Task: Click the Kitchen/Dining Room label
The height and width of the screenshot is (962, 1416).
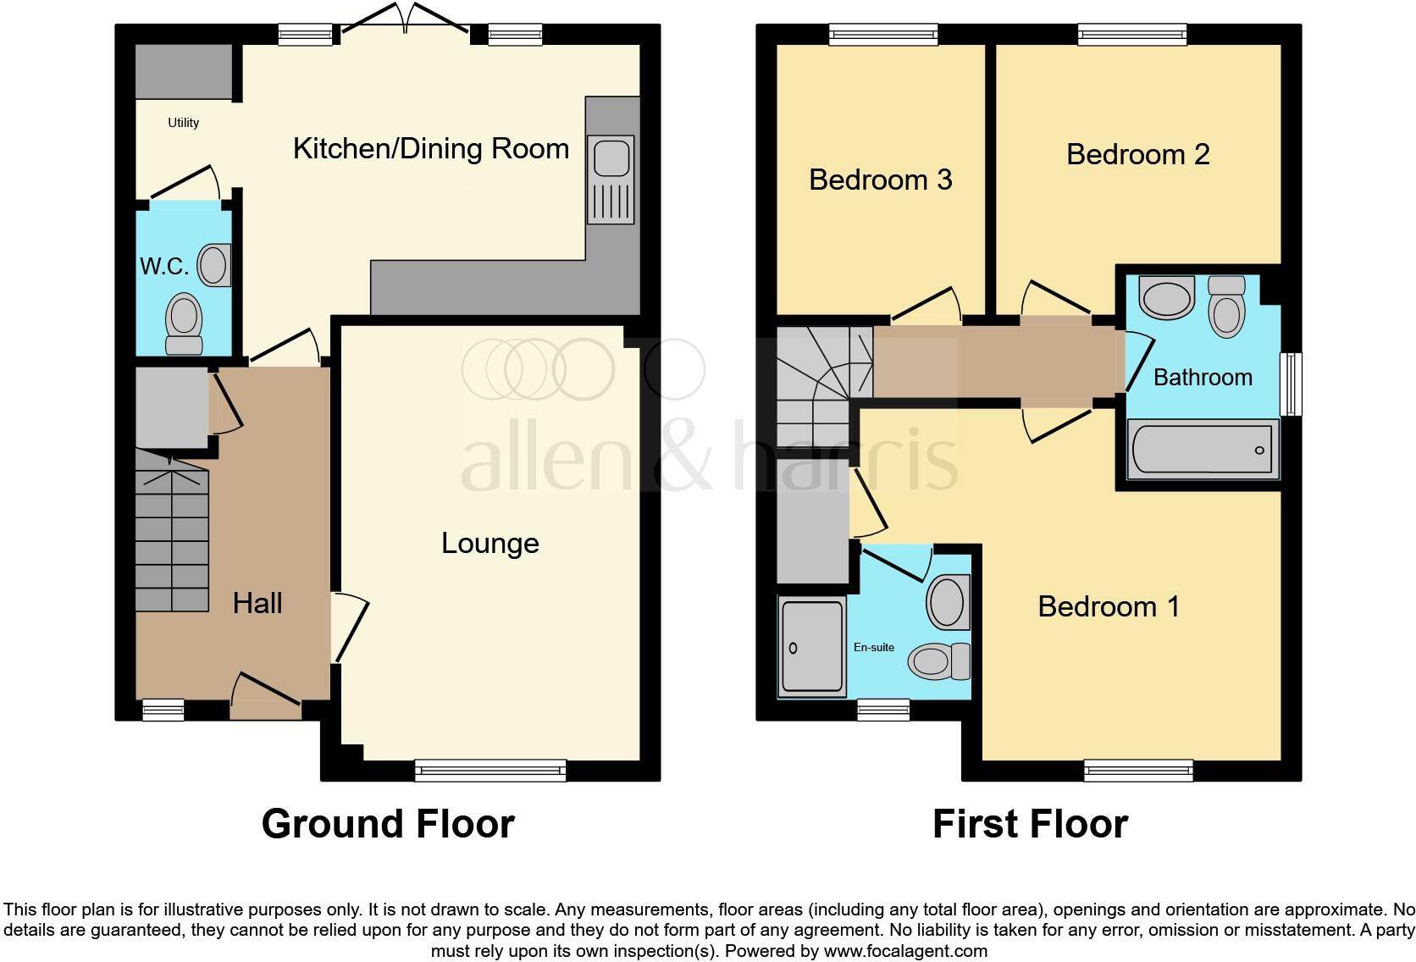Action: tap(430, 149)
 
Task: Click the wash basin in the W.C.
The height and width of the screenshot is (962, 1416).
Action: tap(214, 265)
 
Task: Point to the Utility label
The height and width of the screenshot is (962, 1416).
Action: tap(183, 123)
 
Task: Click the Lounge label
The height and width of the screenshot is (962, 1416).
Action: tap(490, 543)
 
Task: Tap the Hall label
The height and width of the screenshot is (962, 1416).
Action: tap(257, 604)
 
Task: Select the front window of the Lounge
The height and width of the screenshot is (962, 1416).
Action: tap(490, 770)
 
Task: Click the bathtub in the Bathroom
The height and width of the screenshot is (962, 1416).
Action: tap(1203, 450)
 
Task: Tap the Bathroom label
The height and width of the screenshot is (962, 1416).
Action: tap(1203, 378)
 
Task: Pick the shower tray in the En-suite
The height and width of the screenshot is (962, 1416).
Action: tap(812, 647)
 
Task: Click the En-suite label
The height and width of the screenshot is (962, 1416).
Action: tap(873, 647)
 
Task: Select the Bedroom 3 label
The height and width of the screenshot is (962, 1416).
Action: tap(880, 180)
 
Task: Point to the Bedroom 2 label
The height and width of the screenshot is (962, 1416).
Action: tap(1137, 154)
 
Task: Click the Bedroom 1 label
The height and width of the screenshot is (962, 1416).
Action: tap(1109, 606)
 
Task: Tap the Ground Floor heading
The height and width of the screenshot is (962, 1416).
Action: tap(387, 823)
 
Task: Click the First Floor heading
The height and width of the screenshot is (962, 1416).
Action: tap(1030, 823)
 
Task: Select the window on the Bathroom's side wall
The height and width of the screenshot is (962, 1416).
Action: tap(1292, 384)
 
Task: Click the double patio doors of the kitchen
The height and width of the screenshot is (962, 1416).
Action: tap(405, 21)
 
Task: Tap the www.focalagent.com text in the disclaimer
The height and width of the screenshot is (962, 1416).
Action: tap(904, 951)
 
